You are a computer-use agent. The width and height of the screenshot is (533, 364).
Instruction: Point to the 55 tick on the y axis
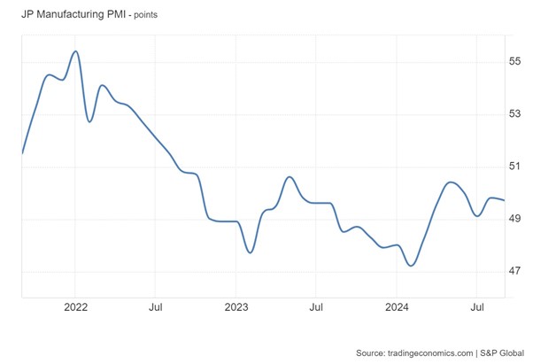(514, 61)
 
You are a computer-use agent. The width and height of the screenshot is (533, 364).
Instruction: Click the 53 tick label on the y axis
(514, 113)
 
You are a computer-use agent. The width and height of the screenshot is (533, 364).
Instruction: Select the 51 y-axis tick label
(514, 167)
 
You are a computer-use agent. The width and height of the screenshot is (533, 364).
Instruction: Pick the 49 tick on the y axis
(514, 219)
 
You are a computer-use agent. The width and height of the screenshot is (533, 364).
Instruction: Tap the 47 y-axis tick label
(514, 271)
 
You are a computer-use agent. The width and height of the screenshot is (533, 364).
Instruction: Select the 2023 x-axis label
(236, 308)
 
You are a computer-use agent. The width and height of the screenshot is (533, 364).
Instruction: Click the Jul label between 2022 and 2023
(155, 308)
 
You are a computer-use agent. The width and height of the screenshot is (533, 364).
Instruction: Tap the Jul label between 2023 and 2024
(315, 308)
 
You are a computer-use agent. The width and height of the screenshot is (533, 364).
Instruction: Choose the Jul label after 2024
(476, 308)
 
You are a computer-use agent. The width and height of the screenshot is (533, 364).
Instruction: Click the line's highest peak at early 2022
(76, 51)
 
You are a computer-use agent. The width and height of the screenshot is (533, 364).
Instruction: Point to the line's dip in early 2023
(251, 252)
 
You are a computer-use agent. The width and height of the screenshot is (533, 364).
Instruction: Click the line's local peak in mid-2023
(290, 177)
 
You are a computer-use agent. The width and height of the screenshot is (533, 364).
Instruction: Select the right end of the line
(505, 200)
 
